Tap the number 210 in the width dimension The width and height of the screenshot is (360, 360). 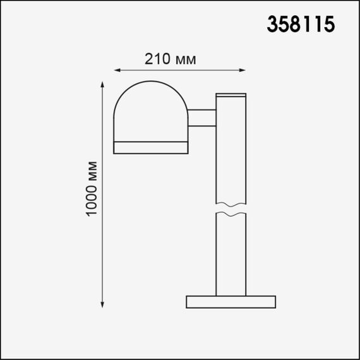tap(157, 60)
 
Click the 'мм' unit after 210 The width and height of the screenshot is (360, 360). tap(183, 60)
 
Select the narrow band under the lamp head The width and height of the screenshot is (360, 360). tap(151, 148)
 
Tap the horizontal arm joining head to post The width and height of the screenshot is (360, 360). tap(201, 118)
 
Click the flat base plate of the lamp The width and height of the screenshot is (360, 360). tap(231, 301)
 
